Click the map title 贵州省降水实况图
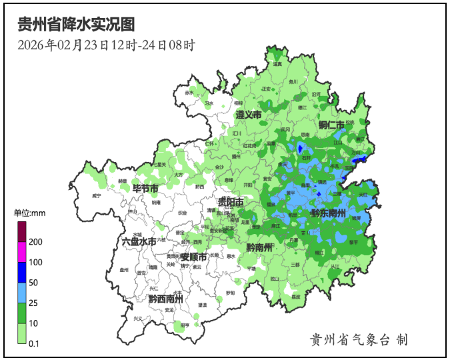pos(76,25)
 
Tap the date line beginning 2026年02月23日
pos(106,45)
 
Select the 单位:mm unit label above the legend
pos(29,213)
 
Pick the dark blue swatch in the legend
pos(21,273)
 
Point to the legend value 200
pos(36,242)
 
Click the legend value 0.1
pos(34,344)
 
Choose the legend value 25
pos(33,303)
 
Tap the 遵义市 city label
pos(248,115)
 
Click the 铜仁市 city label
pos(331,125)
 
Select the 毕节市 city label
pos(145,188)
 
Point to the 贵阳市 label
pos(231,201)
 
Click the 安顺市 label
pos(193,257)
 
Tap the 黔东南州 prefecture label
pos(328,213)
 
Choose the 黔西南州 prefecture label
pos(166,299)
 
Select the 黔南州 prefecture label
pos(259,247)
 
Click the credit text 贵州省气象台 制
pos(359,339)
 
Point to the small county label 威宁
pos(97,196)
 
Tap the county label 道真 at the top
pos(277,64)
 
